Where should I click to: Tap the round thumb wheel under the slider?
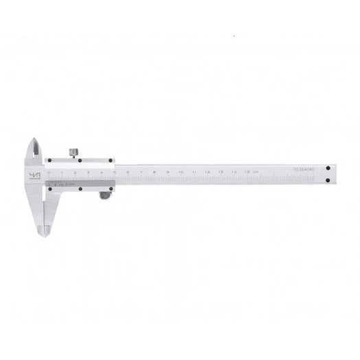click(104, 197)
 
